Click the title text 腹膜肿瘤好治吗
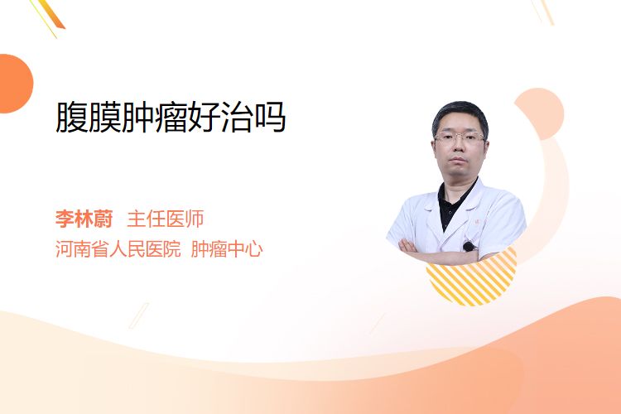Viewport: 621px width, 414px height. click(x=171, y=118)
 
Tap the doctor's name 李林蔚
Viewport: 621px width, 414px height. click(x=84, y=219)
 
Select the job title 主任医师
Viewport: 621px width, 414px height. click(x=166, y=219)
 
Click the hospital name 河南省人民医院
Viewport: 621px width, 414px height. click(x=118, y=249)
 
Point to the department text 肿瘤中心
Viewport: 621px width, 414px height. click(x=227, y=249)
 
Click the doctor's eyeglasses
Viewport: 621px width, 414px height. click(x=460, y=138)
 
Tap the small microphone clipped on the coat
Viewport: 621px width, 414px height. click(x=469, y=247)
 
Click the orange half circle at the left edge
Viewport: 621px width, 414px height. click(x=15, y=84)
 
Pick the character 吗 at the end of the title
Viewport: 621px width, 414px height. click(x=271, y=118)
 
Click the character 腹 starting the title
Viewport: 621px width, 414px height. click(x=71, y=118)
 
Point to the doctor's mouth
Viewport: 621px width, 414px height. click(x=459, y=160)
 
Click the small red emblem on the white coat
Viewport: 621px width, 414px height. click(x=476, y=222)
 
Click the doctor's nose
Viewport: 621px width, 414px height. click(x=459, y=147)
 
